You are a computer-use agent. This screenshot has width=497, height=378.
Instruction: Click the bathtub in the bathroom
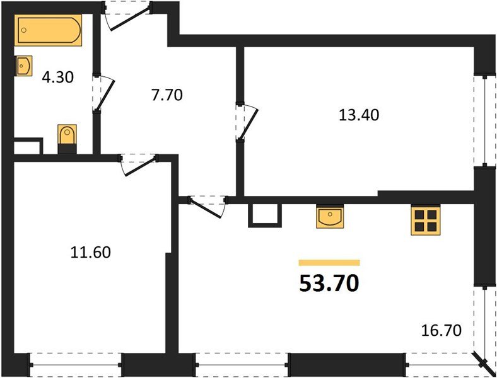[49, 30]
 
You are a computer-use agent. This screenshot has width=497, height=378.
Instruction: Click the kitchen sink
[330, 217]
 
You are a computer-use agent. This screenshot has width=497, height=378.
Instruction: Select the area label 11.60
[90, 253]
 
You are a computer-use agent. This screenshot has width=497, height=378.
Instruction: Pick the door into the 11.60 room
[137, 164]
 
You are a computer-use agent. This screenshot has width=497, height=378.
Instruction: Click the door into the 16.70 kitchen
[209, 207]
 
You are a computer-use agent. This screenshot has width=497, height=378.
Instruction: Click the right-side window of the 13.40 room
[484, 120]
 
